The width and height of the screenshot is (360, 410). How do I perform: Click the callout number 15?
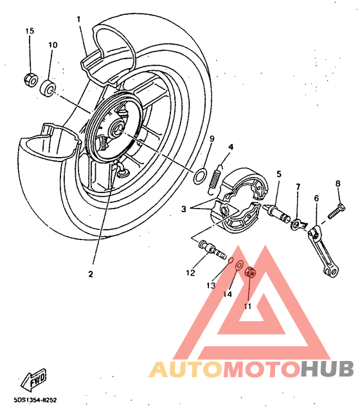point(30,31)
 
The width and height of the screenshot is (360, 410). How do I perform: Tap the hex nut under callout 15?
point(31,80)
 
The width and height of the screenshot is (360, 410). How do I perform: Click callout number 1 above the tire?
point(79,19)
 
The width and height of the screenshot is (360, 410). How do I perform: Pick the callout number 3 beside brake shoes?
point(184,209)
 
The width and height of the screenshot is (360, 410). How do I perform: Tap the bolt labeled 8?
point(336,211)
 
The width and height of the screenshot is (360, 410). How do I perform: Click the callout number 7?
point(298,187)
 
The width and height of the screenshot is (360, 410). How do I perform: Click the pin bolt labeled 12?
point(213,250)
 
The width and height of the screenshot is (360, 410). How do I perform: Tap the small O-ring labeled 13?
point(231,261)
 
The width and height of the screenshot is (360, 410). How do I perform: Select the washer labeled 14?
point(239,265)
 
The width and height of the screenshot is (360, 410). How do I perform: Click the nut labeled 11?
point(250,272)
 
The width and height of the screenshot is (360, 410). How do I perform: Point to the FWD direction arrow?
point(33,379)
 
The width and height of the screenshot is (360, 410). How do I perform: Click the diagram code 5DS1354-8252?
point(35,400)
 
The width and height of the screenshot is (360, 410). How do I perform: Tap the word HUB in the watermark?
point(327,369)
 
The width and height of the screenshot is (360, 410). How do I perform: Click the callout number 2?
point(91,274)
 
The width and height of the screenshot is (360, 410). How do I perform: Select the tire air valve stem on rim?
point(121,170)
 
